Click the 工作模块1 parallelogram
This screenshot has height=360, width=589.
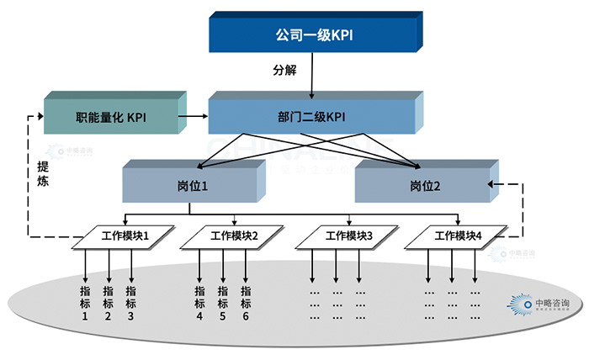[125, 236]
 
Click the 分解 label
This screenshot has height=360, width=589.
[285, 71]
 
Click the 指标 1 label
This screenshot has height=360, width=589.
[85, 303]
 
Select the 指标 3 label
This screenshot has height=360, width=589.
[130, 303]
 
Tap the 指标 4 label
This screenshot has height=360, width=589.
[199, 303]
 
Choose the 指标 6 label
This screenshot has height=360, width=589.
[246, 303]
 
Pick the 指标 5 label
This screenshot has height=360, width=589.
[222, 303]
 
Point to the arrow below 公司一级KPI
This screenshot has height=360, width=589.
[312, 79]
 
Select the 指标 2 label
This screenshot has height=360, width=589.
[108, 303]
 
